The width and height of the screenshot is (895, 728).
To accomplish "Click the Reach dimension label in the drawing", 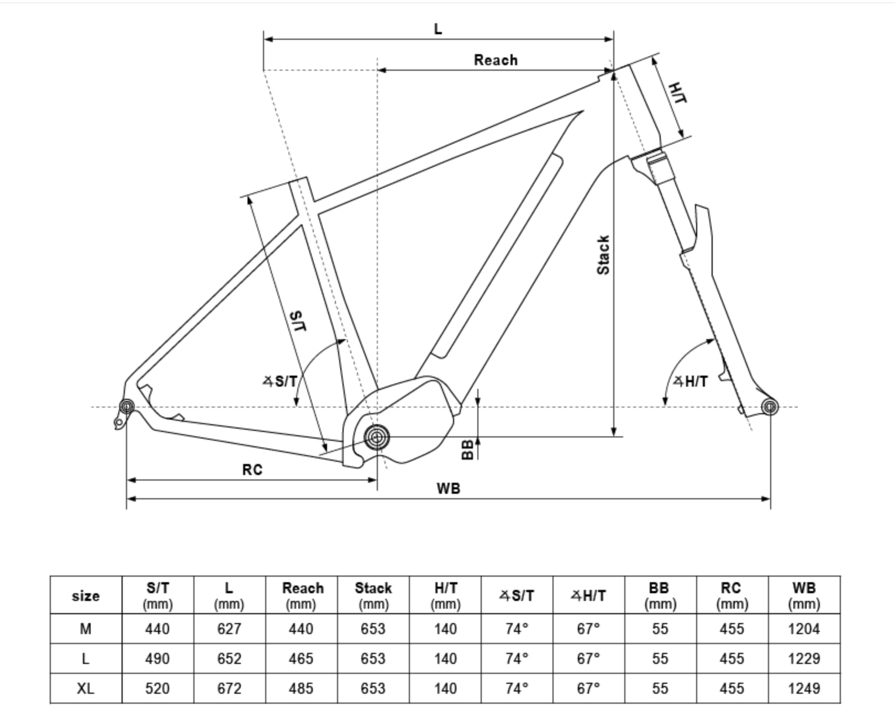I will [x=496, y=60].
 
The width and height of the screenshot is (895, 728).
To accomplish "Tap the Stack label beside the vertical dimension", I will [x=603, y=255].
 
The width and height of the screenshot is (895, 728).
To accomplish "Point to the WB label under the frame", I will [x=448, y=489].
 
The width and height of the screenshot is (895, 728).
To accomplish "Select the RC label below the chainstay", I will [x=252, y=470].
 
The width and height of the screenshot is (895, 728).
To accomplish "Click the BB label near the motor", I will [x=467, y=450].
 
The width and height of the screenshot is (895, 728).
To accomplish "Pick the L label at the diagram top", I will [x=438, y=29].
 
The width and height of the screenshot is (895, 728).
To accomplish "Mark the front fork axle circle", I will [x=769, y=408].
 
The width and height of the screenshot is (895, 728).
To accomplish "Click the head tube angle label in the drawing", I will [x=691, y=381].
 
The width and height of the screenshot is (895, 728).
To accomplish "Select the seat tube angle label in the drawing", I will [x=280, y=381].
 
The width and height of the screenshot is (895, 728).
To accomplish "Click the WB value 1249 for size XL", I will [x=804, y=689].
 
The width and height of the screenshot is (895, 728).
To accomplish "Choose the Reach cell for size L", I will [x=301, y=659].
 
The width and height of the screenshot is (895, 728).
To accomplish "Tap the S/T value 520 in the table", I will [x=157, y=689].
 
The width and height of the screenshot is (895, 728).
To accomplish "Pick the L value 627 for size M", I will [x=229, y=629].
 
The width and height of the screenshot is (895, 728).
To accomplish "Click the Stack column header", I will [x=373, y=595].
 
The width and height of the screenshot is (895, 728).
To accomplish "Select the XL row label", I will [x=86, y=689].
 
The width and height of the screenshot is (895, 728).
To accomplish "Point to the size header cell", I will [x=86, y=596].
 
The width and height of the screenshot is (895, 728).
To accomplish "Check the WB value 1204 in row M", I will [x=804, y=629].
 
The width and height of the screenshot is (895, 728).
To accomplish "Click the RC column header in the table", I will [x=732, y=595].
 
